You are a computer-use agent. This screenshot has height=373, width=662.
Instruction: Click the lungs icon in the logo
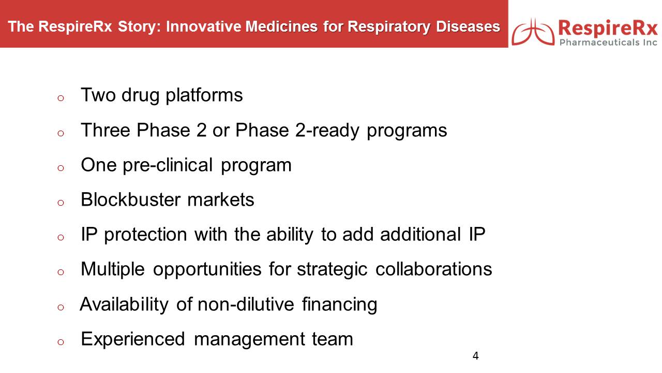tap(533, 32)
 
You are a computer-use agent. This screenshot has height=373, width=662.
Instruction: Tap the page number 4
tap(475, 355)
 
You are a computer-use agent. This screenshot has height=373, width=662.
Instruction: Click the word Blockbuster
tap(131, 199)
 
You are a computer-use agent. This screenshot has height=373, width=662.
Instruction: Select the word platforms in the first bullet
tap(204, 95)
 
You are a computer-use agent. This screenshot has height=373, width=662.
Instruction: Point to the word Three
tap(105, 130)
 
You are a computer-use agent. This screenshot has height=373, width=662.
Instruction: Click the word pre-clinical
tap(168, 165)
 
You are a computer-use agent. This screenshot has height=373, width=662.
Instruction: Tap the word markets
tap(221, 199)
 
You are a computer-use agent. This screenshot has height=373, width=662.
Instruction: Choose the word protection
tap(145, 235)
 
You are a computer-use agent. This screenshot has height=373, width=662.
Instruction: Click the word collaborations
tap(433, 269)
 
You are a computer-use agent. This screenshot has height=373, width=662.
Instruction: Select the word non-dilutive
tap(246, 304)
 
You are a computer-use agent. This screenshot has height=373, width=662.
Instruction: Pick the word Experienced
tap(133, 339)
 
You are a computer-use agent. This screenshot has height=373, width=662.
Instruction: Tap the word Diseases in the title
tap(468, 26)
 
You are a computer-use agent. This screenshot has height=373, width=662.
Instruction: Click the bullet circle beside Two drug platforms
tap(61, 98)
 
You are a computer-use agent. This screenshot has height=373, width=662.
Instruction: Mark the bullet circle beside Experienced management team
tap(61, 342)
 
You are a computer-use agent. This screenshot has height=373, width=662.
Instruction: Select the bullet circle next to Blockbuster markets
tap(61, 203)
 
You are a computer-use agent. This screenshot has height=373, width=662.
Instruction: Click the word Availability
tap(124, 305)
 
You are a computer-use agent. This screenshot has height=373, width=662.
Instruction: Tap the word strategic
tap(332, 269)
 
